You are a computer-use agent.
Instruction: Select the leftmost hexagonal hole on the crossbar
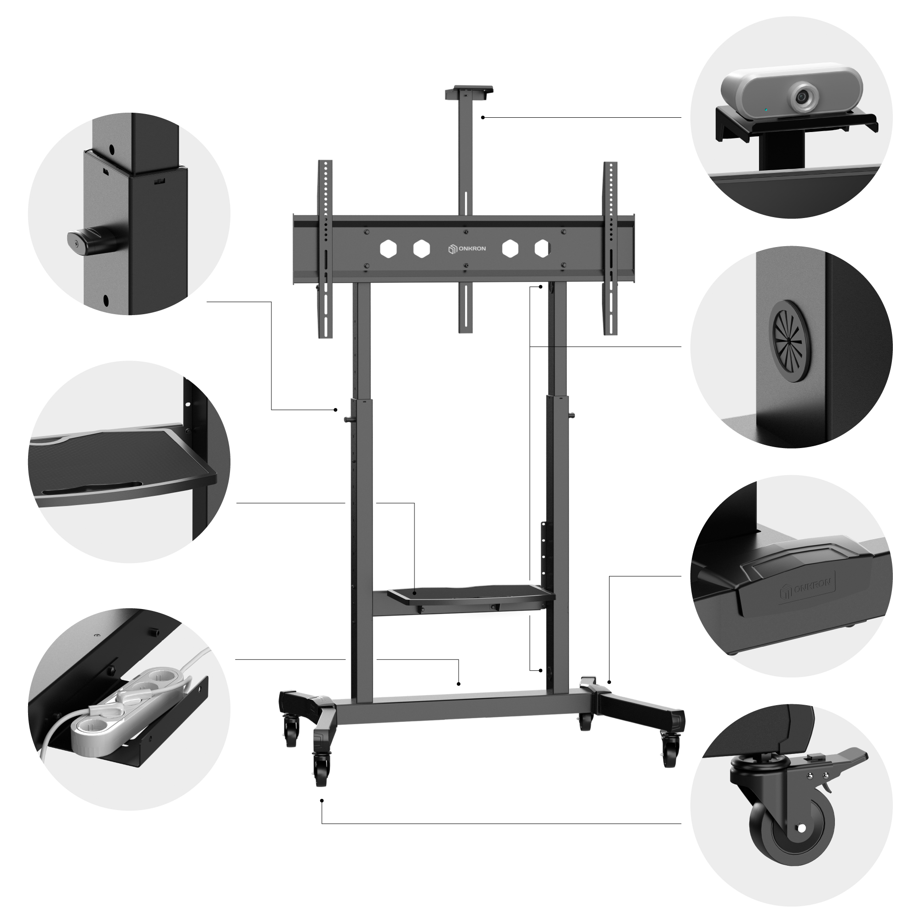[388, 248]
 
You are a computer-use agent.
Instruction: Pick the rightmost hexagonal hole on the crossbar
[542, 248]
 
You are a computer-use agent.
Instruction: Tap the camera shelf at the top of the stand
[469, 92]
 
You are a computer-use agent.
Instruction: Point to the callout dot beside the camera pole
[483, 117]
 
